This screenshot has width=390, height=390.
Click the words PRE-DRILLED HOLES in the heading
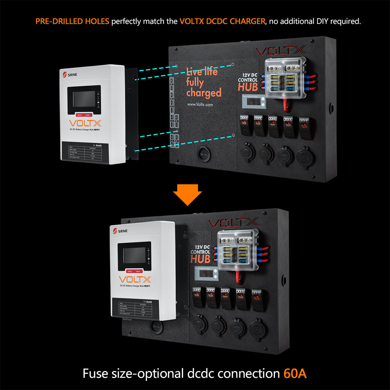tap(72, 22)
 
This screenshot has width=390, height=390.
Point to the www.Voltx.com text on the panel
tap(200, 104)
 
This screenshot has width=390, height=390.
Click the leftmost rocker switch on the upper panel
tap(246, 125)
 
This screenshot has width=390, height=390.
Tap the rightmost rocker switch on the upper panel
tap(305, 127)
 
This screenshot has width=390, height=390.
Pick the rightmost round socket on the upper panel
tap(304, 156)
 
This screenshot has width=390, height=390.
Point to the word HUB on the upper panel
tap(248, 87)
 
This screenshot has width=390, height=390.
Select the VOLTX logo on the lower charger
tap(135, 279)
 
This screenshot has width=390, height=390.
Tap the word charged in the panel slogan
tap(204, 93)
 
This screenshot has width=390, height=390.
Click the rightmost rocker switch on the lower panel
tap(258, 299)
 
